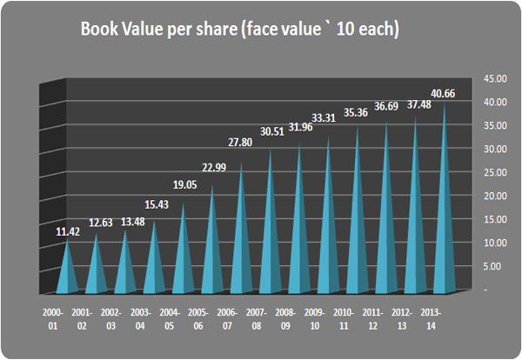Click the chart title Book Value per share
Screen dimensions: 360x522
pos(239,29)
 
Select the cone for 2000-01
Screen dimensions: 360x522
pos(69,270)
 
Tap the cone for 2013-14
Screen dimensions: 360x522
pos(445,209)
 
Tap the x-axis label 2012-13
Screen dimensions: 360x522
pos(401,317)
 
